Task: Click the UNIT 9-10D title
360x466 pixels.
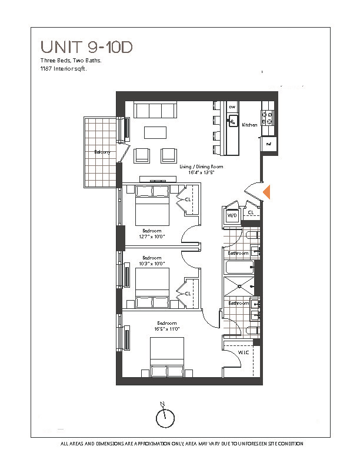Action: coord(86,46)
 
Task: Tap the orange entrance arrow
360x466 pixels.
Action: coord(266,192)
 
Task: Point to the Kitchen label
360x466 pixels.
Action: coord(249,125)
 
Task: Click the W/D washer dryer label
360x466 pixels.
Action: coord(232,216)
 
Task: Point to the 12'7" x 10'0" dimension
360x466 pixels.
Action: coord(152,237)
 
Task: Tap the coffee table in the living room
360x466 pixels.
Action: coord(155,132)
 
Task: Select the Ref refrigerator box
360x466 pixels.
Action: coord(268,144)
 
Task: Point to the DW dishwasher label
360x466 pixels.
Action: coord(232,106)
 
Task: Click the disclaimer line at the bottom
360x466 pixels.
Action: coord(182,444)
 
